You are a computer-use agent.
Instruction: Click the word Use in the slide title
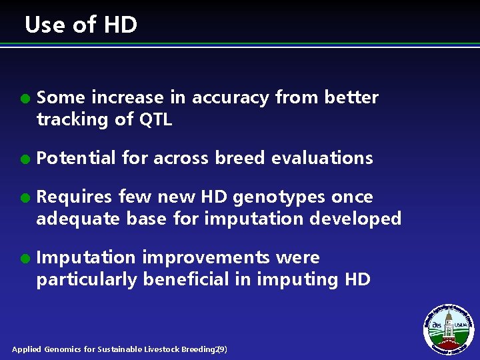pos(45,25)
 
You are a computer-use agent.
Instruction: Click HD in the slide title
pos(120,25)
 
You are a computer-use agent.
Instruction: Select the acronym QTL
pos(155,120)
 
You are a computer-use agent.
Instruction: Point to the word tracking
pos(73,120)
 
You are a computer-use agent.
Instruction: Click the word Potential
pos(77,158)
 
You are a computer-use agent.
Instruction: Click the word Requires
pos(74,197)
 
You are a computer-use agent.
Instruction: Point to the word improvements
pos(207,257)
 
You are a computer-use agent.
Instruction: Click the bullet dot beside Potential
pos(24,159)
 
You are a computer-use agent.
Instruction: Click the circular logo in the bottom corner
pos(449,329)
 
